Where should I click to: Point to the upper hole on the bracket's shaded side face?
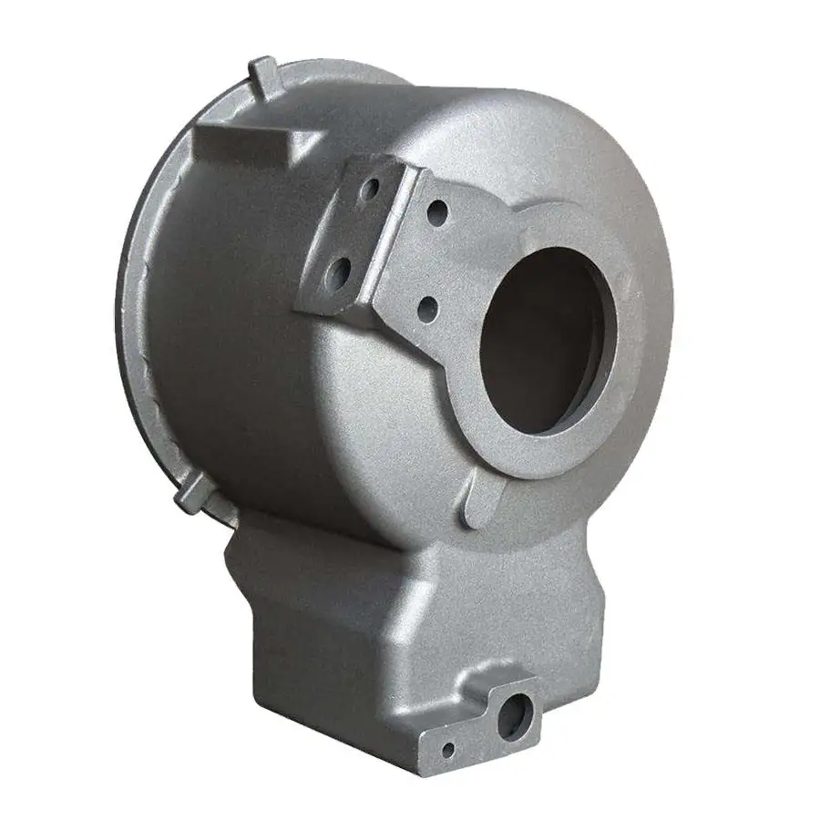coord(368,190)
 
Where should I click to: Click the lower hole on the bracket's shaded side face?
coord(340,271)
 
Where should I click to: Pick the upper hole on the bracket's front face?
coord(438,214)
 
